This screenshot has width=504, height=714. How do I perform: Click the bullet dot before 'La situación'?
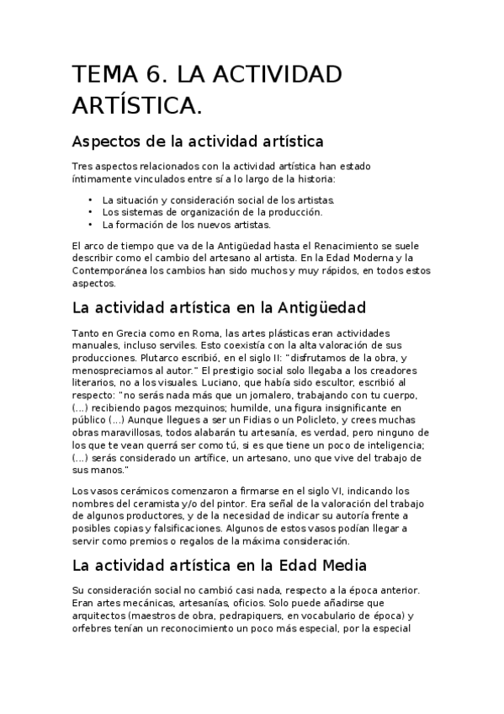click(x=90, y=200)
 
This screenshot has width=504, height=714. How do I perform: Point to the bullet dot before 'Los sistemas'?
click(x=90, y=212)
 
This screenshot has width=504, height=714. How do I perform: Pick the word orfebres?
click(x=94, y=627)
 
